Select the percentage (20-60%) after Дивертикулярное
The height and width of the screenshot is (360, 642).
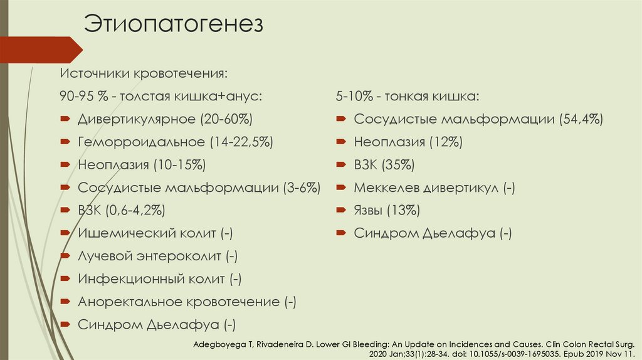click(226, 119)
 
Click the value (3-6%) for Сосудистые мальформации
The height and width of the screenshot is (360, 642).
click(302, 188)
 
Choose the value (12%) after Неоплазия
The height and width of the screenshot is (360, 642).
click(446, 142)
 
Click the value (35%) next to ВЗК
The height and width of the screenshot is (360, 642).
click(399, 165)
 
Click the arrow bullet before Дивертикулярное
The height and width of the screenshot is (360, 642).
click(65, 119)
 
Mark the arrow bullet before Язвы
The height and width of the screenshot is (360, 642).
click(341, 210)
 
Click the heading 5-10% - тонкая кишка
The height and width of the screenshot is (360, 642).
click(408, 96)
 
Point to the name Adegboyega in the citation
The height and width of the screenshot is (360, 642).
click(219, 344)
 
